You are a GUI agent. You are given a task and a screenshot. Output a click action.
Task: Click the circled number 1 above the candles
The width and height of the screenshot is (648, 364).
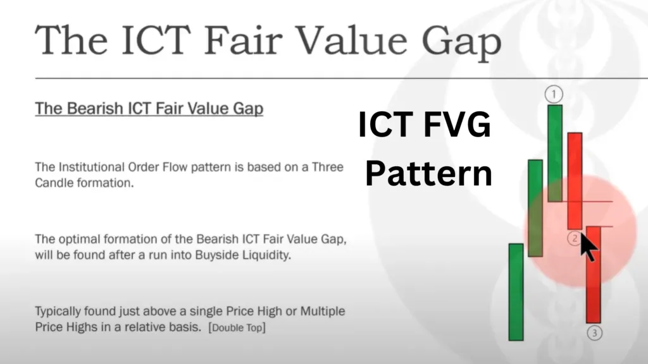[554, 95]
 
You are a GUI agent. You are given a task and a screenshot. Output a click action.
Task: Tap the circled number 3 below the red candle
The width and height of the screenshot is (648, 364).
[595, 333]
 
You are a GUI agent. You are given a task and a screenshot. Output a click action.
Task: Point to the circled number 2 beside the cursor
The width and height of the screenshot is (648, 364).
[574, 238]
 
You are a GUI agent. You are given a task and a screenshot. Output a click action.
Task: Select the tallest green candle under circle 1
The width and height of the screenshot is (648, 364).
[555, 153]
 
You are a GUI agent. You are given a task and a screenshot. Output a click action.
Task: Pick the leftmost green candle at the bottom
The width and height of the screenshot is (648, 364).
[516, 292]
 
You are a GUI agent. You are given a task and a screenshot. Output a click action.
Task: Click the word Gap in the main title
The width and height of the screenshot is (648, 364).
[461, 41]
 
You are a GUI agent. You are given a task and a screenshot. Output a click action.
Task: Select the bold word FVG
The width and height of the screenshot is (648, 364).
[458, 124]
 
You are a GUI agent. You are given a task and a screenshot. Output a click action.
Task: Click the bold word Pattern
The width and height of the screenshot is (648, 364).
[428, 173]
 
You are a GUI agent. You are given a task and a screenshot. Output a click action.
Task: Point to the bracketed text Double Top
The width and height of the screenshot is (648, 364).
[237, 328]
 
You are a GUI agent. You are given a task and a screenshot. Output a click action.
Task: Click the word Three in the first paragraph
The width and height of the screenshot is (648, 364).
[327, 167]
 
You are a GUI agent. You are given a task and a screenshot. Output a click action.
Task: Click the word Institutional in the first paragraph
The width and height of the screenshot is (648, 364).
[91, 167]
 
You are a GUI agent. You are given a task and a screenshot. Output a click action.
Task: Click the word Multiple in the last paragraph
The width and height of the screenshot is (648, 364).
[322, 311]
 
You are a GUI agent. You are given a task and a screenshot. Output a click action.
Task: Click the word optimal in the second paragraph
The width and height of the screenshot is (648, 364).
[78, 240]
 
